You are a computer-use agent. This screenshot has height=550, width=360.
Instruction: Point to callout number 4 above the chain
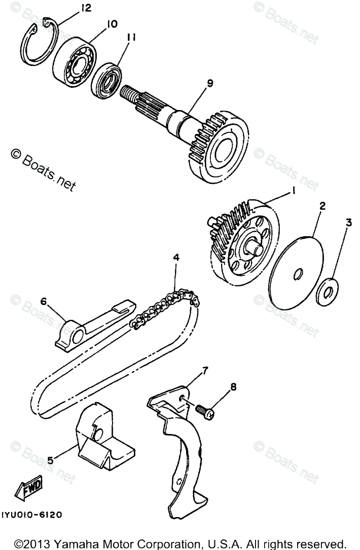click(176, 258)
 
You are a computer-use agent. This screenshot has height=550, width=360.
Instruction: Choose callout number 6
click(44, 302)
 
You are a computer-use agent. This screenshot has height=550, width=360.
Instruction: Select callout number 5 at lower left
click(50, 460)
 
